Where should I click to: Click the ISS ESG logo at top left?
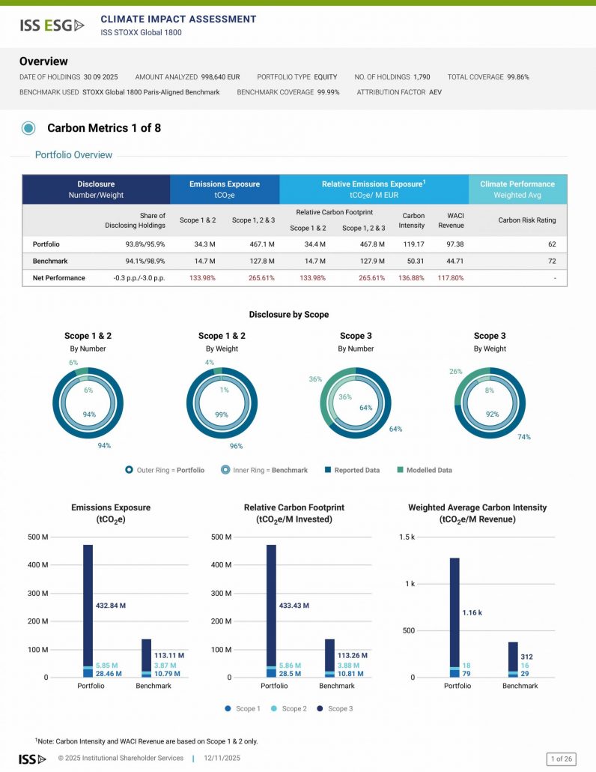click(x=52, y=25)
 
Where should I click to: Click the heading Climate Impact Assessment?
click(x=178, y=19)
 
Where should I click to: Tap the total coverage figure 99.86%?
click(x=518, y=77)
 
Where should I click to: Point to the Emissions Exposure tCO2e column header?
click(x=224, y=189)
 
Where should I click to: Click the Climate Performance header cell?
click(x=517, y=189)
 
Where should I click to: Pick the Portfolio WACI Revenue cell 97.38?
click(x=451, y=244)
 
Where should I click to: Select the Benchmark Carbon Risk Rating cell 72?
click(x=551, y=261)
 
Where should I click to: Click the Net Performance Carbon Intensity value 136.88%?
click(x=413, y=278)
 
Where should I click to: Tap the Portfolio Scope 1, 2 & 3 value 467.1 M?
click(x=261, y=244)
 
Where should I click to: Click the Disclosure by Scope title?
click(x=288, y=315)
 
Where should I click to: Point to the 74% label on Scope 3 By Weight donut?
click(x=524, y=437)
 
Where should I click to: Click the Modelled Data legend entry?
click(x=424, y=470)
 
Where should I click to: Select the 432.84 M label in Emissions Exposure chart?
click(x=111, y=605)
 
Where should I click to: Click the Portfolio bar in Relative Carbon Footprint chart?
click(x=271, y=610)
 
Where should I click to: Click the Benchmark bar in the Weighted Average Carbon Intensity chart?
click(x=513, y=659)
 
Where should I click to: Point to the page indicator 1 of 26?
click(x=562, y=759)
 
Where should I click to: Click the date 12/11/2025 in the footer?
click(x=221, y=759)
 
